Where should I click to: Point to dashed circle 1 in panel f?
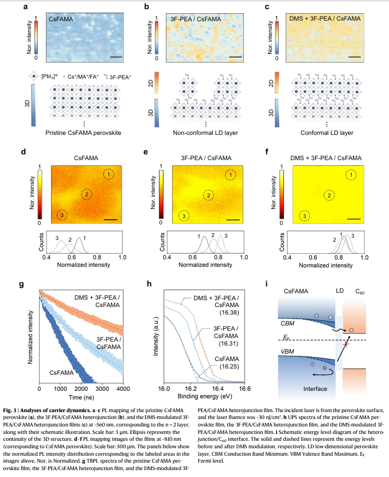point(345,174)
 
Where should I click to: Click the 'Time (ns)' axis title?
point(81,396)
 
